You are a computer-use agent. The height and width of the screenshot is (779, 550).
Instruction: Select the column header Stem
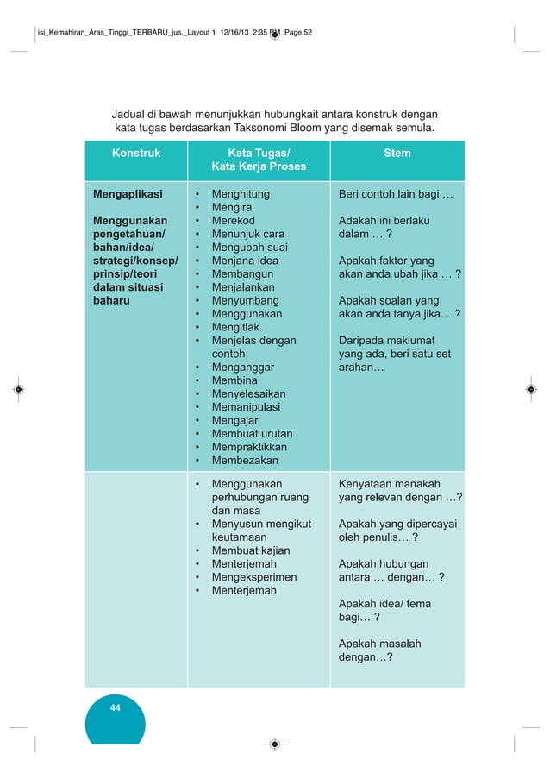point(397,154)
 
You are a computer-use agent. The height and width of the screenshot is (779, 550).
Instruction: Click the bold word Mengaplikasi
point(128,194)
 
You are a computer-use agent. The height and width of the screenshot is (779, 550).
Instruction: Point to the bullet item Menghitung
point(241,194)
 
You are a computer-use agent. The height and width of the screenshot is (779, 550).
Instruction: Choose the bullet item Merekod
point(235,221)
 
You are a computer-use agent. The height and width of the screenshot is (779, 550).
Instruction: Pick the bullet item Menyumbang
point(245,300)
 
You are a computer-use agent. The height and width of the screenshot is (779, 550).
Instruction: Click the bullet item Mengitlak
point(236,327)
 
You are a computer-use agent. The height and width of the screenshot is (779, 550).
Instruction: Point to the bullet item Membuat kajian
point(251,550)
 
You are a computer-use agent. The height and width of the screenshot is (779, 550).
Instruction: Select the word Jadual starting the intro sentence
point(131,115)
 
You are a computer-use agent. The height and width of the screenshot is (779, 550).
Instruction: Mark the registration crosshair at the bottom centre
point(274,744)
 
